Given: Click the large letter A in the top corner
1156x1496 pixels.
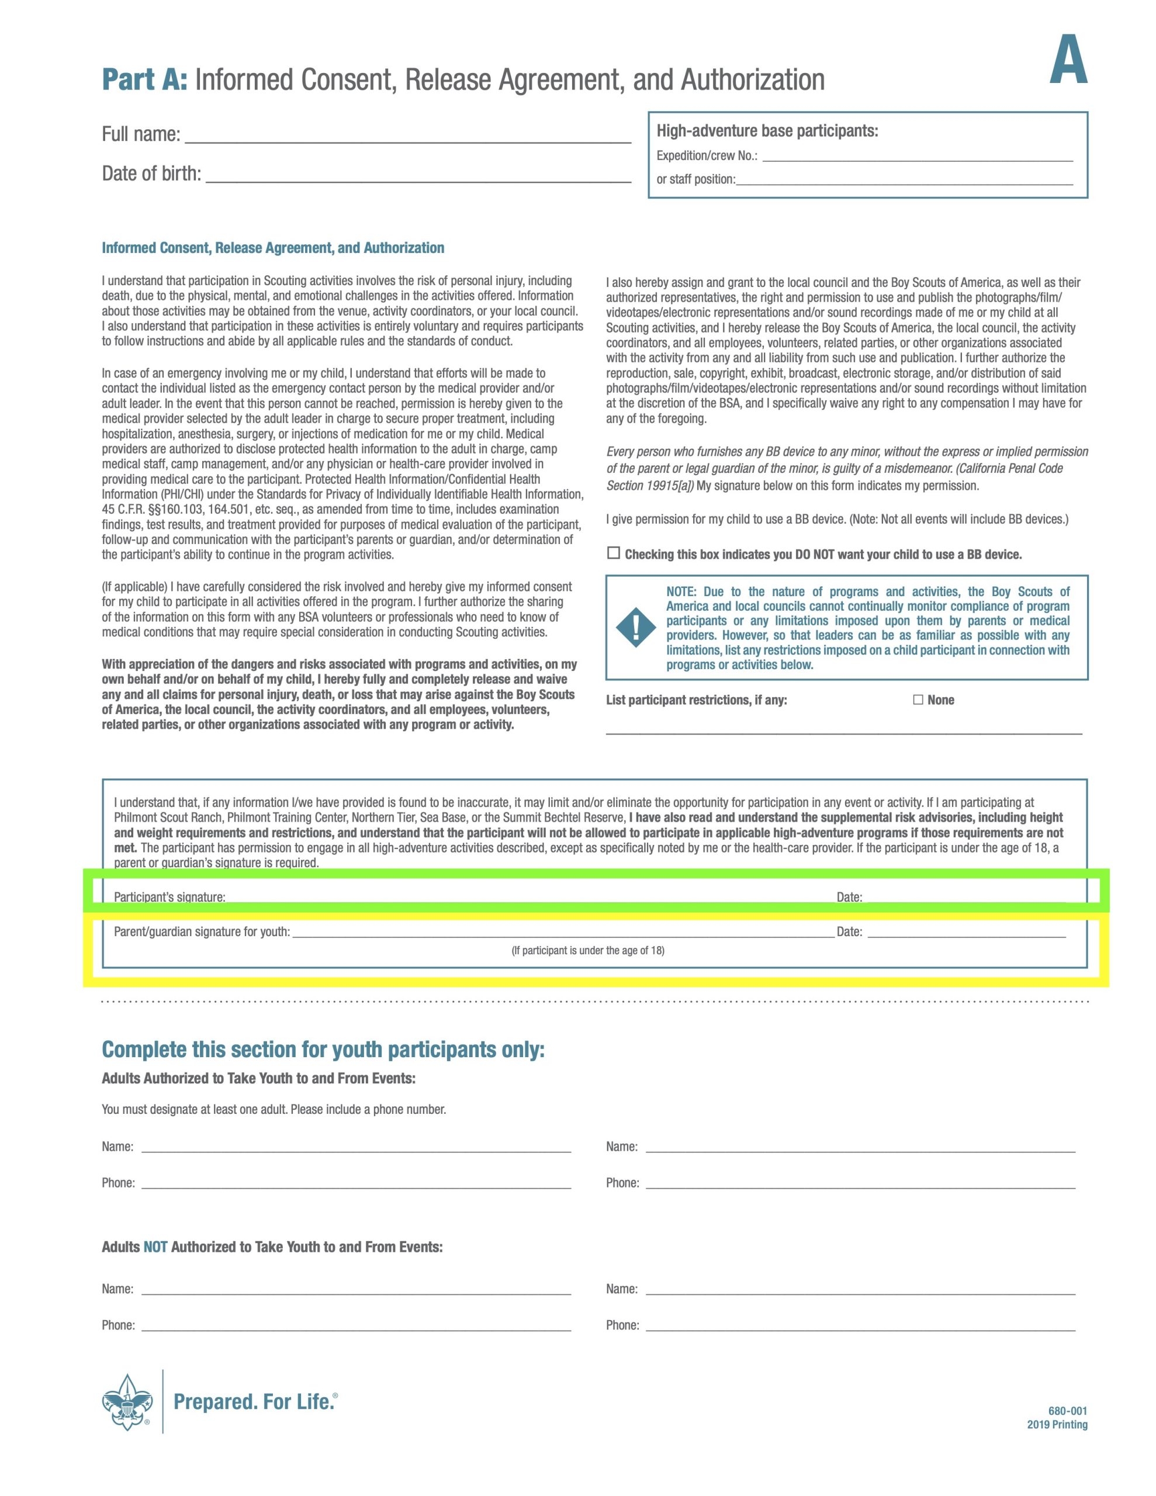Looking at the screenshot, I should [x=1068, y=61].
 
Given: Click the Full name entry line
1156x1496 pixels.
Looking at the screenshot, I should [x=408, y=137].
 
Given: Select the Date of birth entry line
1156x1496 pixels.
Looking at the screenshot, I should [x=418, y=176].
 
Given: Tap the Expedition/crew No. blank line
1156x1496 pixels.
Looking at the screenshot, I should [x=917, y=157].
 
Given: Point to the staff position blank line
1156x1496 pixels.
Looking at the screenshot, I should [x=904, y=181].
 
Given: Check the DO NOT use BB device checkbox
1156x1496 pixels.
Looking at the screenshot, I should [x=613, y=553].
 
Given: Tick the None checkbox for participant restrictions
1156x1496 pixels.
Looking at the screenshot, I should [x=918, y=699].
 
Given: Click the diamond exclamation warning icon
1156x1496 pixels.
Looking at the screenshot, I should [x=635, y=627].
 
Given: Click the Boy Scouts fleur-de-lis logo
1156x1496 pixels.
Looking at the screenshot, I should [x=127, y=1401].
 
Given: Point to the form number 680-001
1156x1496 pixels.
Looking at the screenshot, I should [x=1067, y=1410].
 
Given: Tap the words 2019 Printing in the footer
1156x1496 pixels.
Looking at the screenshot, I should [x=1057, y=1425].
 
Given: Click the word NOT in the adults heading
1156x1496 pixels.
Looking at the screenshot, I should [x=155, y=1246].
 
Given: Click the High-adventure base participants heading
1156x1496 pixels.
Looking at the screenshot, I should [x=767, y=131].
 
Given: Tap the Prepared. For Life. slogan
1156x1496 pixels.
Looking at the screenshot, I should [x=254, y=1401].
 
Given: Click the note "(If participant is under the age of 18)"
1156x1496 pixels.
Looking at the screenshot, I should [x=587, y=950].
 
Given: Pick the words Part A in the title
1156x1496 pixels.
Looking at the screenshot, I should [x=144, y=79].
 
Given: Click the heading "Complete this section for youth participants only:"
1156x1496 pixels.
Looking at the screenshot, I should [x=323, y=1049].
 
